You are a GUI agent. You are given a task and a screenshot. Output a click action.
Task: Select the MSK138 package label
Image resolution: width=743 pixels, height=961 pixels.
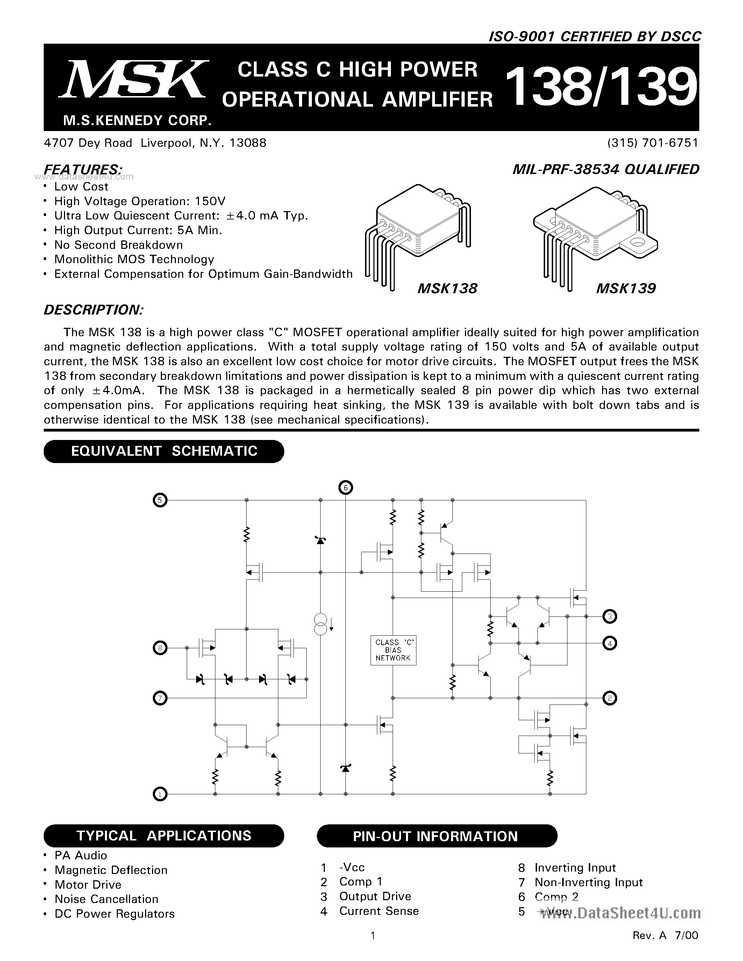pos(447,289)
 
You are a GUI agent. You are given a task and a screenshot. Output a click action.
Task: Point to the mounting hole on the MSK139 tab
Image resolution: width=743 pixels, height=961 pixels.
pos(636,243)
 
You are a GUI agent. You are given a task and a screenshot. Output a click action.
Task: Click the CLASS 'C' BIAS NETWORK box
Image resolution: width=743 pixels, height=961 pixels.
pos(393,650)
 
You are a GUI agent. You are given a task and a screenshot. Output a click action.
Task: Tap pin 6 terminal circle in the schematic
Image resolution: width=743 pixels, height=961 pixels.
pos(345,487)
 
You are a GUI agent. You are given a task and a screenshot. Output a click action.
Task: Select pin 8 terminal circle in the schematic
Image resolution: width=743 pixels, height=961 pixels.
pos(160,648)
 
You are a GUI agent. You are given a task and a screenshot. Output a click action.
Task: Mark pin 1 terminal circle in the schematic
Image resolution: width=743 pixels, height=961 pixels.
pos(160,794)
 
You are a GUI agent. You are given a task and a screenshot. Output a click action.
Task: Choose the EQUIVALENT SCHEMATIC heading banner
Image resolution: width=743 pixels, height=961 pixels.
pos(164,451)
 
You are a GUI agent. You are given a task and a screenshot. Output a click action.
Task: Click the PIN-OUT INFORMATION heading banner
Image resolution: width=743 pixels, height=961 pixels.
pos(437,836)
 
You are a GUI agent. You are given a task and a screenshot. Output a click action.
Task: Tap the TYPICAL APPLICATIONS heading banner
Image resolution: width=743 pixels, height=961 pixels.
pos(164,836)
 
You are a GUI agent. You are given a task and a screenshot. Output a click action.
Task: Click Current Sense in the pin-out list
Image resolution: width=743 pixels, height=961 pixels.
pos(379,911)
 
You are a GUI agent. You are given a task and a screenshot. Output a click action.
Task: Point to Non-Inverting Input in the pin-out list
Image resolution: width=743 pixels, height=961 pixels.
pos(588,882)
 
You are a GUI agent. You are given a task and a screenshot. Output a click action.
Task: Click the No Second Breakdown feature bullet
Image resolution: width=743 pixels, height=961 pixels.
pos(118,245)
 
